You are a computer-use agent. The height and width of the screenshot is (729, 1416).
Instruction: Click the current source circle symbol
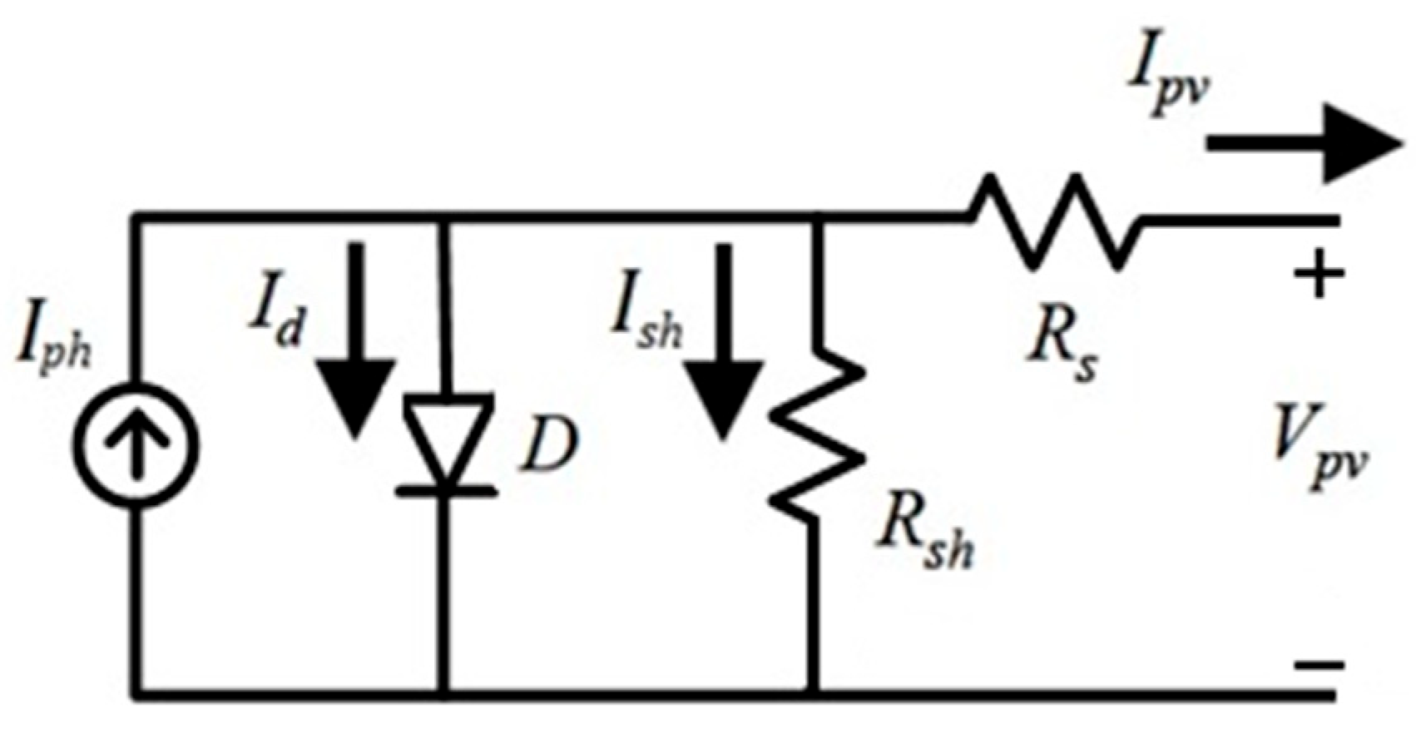point(136,443)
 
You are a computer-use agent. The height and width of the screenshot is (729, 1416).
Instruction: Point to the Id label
point(275,318)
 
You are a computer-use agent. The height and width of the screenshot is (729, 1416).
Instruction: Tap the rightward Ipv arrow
point(1302,143)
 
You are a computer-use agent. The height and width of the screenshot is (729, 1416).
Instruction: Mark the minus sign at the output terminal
point(1319,665)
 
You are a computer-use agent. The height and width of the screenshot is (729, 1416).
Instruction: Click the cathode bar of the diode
point(446,492)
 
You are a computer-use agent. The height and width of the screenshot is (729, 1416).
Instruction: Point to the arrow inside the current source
point(136,443)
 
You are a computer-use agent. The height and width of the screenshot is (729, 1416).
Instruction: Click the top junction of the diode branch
point(446,218)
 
